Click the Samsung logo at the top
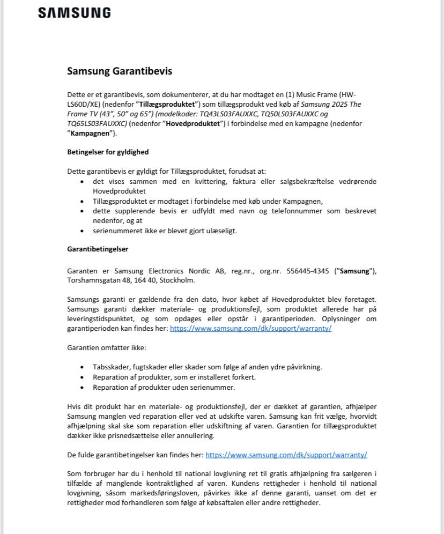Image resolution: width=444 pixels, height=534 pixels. [75, 13]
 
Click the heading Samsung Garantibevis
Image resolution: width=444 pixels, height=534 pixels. [120, 71]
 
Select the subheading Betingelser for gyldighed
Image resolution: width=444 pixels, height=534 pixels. [108, 152]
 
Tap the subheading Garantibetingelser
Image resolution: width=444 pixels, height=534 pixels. [98, 249]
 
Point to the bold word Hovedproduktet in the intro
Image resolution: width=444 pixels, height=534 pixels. [191, 123]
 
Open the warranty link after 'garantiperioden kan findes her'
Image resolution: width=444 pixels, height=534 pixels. [250, 329]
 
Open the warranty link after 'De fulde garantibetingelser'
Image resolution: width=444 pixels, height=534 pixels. [286, 455]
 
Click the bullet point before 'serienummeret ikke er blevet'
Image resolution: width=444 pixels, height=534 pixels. [82, 231]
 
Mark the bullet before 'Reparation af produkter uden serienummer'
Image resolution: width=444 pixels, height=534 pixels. [82, 387]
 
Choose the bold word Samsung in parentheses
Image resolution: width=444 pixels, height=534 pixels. [355, 271]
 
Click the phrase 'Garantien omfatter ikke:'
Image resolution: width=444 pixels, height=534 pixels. [107, 348]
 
